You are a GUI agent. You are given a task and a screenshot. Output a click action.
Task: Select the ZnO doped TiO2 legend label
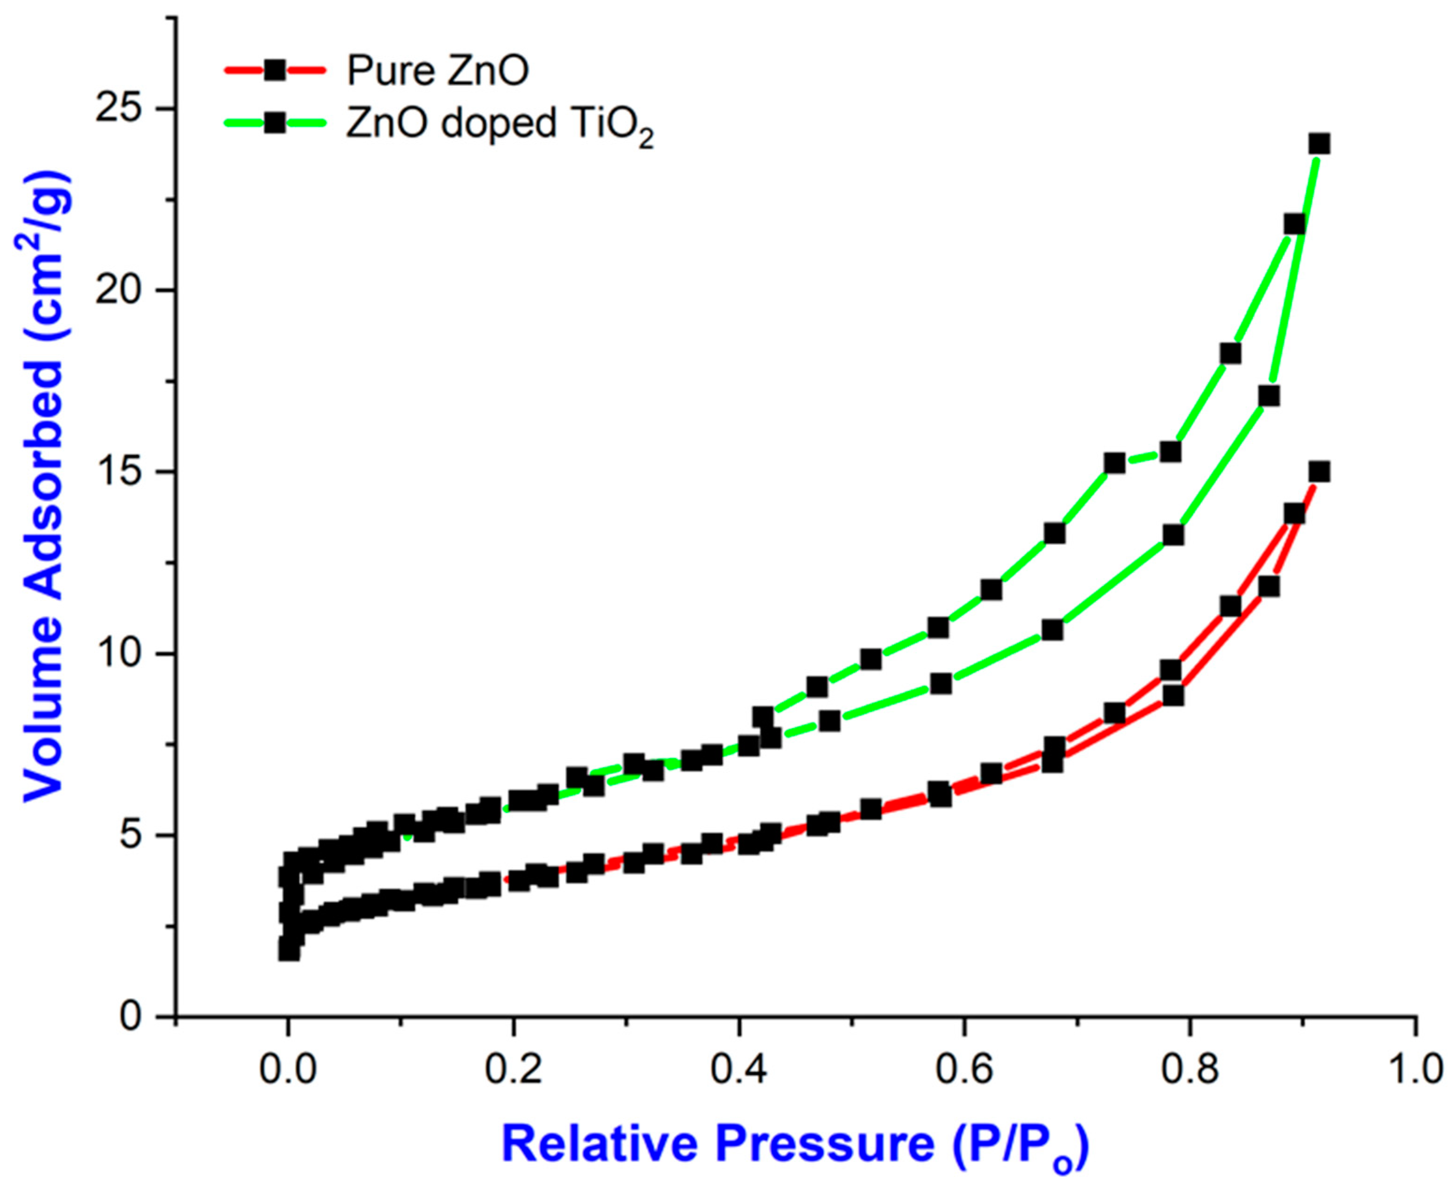pyautogui.click(x=499, y=126)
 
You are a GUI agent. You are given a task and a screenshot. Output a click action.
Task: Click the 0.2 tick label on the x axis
pyautogui.click(x=513, y=1070)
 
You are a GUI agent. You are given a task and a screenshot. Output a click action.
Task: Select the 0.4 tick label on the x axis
pyautogui.click(x=738, y=1070)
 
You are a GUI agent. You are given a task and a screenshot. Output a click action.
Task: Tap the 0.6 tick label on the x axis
pyautogui.click(x=964, y=1070)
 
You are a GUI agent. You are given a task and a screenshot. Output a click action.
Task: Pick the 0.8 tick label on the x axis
pyautogui.click(x=1189, y=1070)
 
